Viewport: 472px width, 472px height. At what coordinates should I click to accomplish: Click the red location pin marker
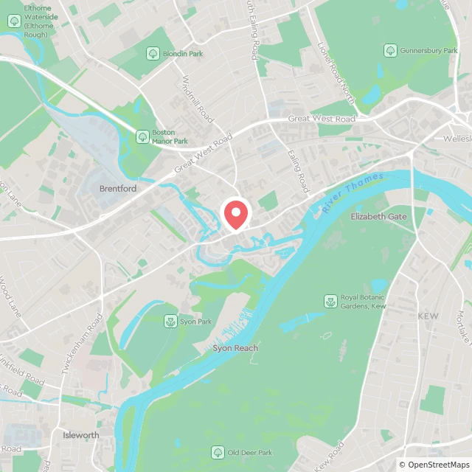pyautogui.click(x=235, y=214)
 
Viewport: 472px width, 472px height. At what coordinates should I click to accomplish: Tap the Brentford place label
pyautogui.click(x=118, y=189)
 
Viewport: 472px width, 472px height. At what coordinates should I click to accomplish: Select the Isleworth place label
pyautogui.click(x=80, y=435)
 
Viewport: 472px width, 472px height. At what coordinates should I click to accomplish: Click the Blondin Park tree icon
pyautogui.click(x=153, y=53)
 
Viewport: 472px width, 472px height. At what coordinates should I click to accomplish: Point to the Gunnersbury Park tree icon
pyautogui.click(x=389, y=50)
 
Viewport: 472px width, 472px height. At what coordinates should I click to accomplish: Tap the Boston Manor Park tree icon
pyautogui.click(x=142, y=136)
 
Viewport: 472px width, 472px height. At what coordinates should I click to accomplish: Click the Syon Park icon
pyautogui.click(x=170, y=322)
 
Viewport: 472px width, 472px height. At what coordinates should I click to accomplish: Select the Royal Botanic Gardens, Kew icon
pyautogui.click(x=330, y=301)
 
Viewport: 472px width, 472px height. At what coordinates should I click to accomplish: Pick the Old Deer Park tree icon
pyautogui.click(x=218, y=452)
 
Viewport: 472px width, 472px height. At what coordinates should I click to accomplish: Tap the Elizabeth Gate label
pyautogui.click(x=378, y=217)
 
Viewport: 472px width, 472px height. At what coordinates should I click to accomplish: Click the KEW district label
pyautogui.click(x=428, y=316)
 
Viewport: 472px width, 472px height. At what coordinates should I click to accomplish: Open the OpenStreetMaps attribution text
pyautogui.click(x=433, y=465)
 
